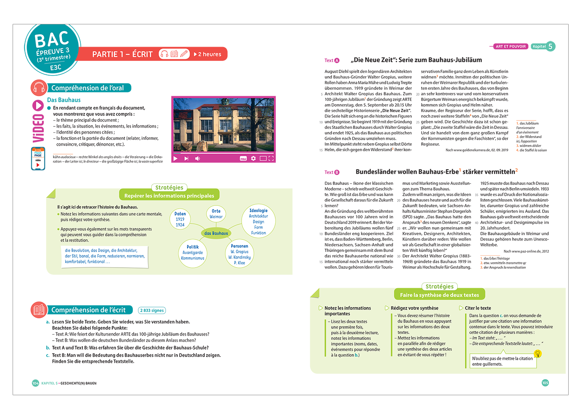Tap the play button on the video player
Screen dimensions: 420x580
[176, 158]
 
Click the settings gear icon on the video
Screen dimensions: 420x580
[253, 158]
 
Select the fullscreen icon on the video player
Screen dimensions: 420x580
[271, 158]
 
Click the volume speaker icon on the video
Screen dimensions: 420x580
[198, 158]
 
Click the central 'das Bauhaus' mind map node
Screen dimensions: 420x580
[216, 233]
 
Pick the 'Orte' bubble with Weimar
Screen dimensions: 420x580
[216, 214]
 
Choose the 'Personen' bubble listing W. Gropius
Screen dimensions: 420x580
[240, 254]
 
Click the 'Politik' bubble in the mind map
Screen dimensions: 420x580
[192, 252]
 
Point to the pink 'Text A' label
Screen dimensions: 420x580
[332, 60]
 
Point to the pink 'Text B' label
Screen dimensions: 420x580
[332, 172]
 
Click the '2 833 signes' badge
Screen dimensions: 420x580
[152, 310]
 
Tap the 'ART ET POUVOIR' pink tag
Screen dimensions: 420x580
[510, 47]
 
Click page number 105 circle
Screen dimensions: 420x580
[545, 383]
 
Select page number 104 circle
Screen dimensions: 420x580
[35, 383]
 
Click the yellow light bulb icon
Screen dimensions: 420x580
[538, 354]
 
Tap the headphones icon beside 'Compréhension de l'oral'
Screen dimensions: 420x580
[39, 88]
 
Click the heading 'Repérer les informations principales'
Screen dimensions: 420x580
[169, 196]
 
